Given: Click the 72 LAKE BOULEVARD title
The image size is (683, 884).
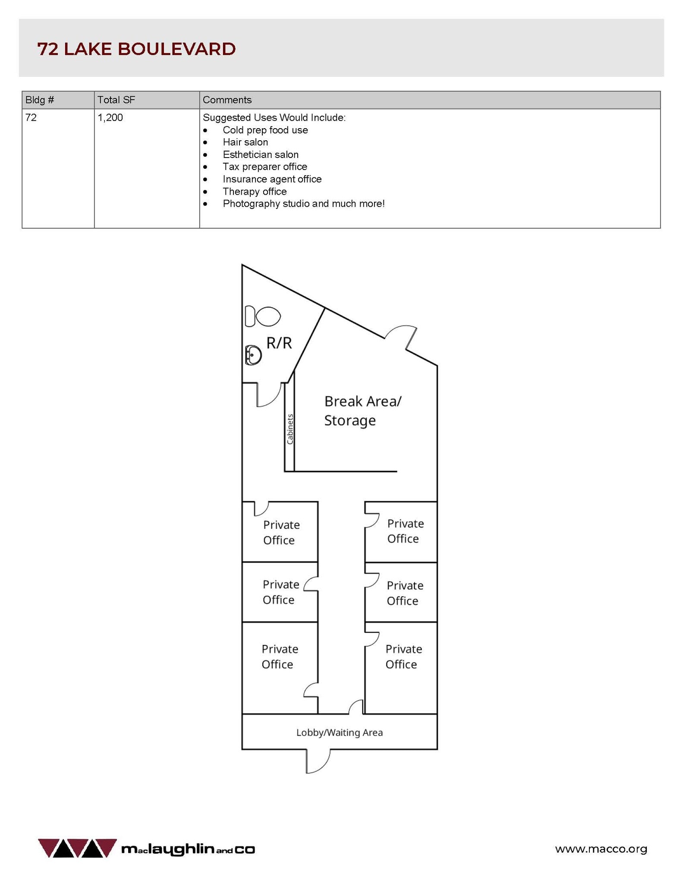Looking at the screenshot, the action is click(x=136, y=49).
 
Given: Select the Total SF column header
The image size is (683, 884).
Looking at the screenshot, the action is click(x=116, y=100).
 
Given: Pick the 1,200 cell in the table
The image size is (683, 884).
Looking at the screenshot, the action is click(x=110, y=117).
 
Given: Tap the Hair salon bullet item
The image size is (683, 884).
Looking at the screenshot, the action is click(x=245, y=142).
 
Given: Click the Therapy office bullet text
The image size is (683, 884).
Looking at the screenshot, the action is click(x=255, y=191).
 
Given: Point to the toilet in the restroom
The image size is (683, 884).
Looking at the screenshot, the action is click(x=262, y=316).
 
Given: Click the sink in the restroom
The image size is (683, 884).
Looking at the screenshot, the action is click(x=253, y=355).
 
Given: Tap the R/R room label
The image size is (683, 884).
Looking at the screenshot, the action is click(x=279, y=343).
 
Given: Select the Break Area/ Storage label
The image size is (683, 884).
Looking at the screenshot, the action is click(x=363, y=410).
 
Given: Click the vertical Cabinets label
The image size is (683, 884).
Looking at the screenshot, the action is click(x=290, y=429).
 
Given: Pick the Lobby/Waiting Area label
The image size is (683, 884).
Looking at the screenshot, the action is click(x=340, y=732).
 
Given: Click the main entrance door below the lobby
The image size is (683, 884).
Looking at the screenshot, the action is click(x=318, y=761).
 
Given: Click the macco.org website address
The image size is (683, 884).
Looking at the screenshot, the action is click(x=601, y=849).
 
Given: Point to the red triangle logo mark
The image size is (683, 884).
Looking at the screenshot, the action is click(x=77, y=848).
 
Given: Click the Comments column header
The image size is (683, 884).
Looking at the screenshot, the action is click(x=227, y=100).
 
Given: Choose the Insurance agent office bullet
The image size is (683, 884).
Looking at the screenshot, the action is click(x=272, y=179).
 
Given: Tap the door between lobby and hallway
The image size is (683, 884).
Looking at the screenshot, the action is click(x=356, y=707).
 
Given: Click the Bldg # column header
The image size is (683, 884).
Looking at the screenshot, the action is click(x=40, y=100).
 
